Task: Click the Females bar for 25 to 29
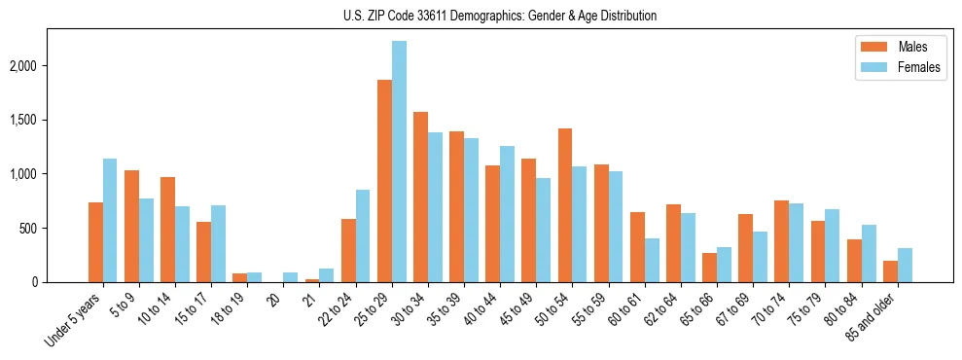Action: (x=399, y=162)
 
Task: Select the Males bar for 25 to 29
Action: (x=384, y=181)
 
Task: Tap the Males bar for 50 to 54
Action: (x=565, y=205)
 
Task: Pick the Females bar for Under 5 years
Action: (x=110, y=221)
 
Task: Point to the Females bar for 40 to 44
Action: (x=507, y=214)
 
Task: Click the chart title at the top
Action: (x=500, y=16)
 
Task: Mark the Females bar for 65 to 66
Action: (x=724, y=265)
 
